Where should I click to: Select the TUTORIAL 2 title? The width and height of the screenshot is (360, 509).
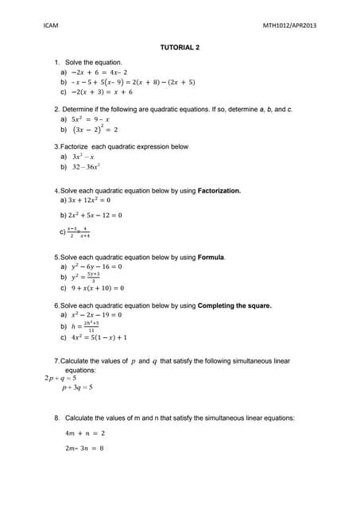click(x=180, y=47)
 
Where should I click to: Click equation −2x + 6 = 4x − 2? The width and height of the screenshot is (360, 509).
click(x=99, y=72)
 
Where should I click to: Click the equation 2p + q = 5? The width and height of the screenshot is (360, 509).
click(x=63, y=379)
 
